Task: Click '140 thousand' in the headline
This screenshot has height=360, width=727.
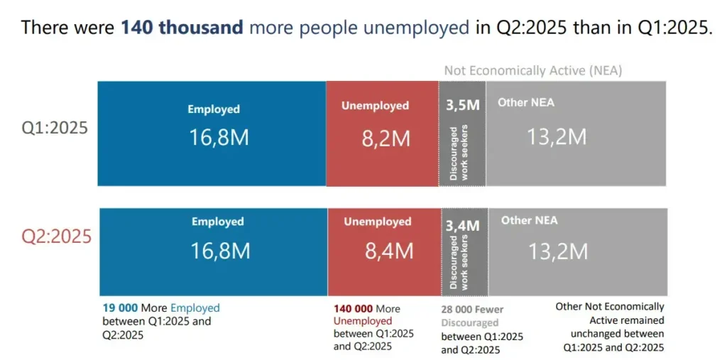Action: coord(182,28)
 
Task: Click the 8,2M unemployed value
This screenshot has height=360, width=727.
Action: coord(386,138)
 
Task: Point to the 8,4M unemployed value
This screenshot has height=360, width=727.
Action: coord(388,250)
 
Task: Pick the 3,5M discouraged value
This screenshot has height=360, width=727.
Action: coord(463,105)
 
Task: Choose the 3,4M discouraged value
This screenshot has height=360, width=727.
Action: coord(463,226)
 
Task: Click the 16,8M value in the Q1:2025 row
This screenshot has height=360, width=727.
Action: coord(219,137)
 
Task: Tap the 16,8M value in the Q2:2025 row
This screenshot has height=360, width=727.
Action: coord(220,250)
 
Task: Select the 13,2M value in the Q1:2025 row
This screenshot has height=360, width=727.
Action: coord(557,136)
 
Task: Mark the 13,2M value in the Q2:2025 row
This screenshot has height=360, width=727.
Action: coord(557,251)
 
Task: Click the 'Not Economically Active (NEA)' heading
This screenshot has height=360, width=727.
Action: coord(533,71)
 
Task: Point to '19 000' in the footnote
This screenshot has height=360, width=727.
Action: coord(120,308)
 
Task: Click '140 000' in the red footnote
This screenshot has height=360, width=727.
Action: coord(353,309)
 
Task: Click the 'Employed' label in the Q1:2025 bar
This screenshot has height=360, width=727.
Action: coord(214,109)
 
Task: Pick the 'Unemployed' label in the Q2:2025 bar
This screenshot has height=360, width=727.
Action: coord(378,222)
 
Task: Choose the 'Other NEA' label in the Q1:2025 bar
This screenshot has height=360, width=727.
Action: coord(526,102)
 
